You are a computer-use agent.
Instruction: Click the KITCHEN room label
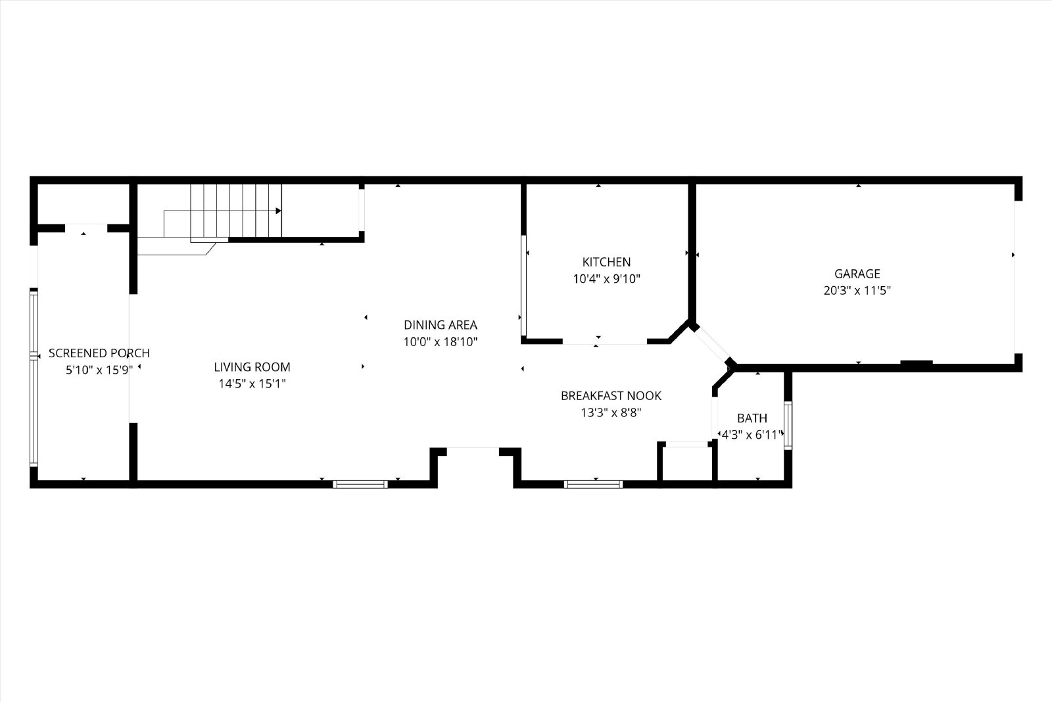tap(606, 262)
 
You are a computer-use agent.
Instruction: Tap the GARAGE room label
tap(857, 274)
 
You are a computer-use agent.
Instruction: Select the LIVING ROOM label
tap(252, 367)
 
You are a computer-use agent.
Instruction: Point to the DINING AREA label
tap(441, 325)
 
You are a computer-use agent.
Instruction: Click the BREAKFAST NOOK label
tap(611, 395)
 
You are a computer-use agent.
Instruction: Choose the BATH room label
tap(752, 418)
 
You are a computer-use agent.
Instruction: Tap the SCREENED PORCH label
tap(99, 353)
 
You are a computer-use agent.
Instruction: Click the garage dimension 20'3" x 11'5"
tap(857, 290)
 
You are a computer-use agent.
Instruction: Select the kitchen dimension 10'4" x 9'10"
tap(606, 279)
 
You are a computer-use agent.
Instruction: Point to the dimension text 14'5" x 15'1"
tap(252, 384)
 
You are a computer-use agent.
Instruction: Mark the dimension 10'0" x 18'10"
tap(441, 341)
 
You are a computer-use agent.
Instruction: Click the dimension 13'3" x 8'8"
tap(611, 413)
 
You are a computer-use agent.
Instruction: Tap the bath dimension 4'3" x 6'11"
tap(752, 435)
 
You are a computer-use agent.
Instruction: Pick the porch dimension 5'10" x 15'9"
tap(99, 370)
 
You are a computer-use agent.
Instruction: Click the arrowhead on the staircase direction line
tap(279, 211)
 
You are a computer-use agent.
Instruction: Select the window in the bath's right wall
tap(788, 425)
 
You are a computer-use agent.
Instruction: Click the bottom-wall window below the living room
tap(360, 484)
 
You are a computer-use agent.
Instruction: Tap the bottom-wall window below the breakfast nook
tap(593, 484)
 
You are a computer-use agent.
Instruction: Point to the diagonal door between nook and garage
tap(712, 344)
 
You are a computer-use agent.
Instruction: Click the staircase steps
tap(236, 211)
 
